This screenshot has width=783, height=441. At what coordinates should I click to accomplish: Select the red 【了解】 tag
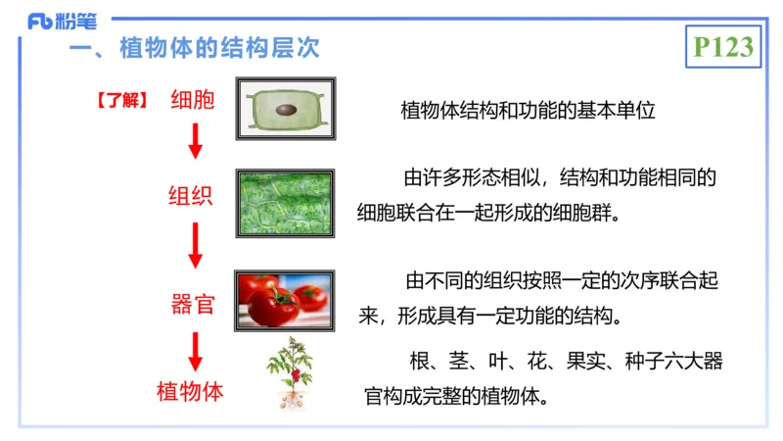pos(121,100)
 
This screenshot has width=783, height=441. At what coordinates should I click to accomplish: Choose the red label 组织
pos(191,194)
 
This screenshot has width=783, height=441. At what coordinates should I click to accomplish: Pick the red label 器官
pos(193,304)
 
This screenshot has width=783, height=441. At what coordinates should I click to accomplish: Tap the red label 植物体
pos(191,392)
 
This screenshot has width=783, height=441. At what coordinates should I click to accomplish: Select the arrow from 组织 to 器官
pos(196,245)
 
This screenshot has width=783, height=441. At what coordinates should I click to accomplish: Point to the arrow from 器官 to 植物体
pos(196,350)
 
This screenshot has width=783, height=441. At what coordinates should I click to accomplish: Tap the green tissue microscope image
pos(285,203)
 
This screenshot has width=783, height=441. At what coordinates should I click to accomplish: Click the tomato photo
pos(285,302)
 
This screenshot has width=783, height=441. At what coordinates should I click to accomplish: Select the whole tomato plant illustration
pos(291,372)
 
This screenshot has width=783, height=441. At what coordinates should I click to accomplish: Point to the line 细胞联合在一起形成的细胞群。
pos(489,213)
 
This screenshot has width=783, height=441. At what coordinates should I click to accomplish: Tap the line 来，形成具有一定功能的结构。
pos(489,317)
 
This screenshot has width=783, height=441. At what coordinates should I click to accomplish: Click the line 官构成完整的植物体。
pos(456,398)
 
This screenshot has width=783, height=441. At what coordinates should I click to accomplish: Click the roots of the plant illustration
pos(291,400)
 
